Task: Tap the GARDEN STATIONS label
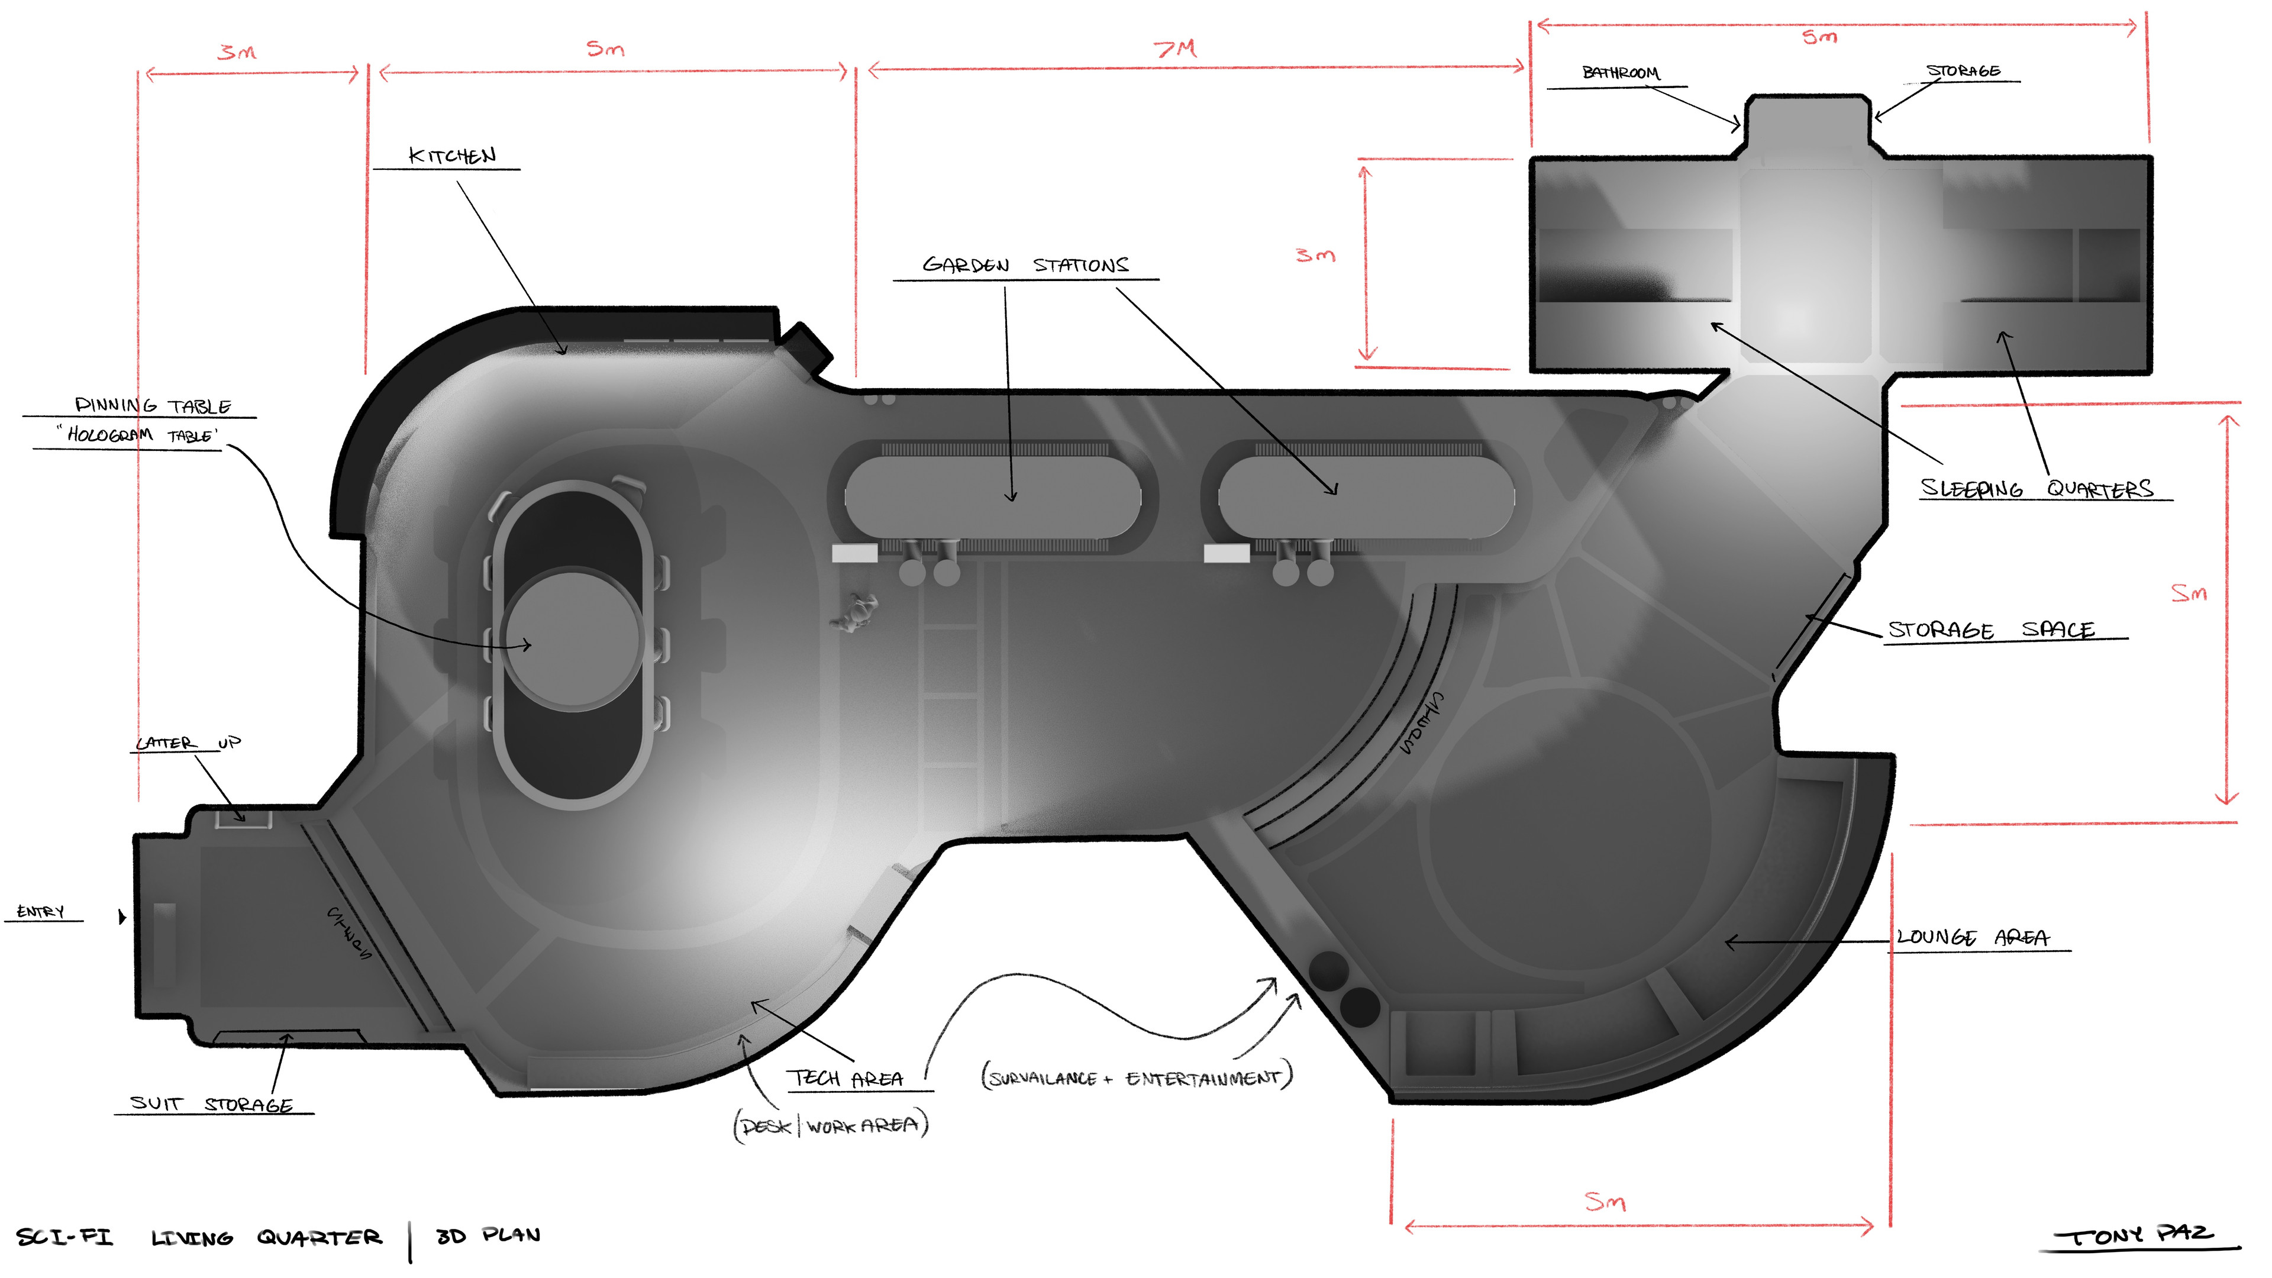[1025, 264]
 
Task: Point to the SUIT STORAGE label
[212, 1103]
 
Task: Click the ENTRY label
[41, 911]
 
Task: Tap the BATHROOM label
[1620, 72]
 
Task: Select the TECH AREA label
[845, 1078]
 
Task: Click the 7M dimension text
[1176, 49]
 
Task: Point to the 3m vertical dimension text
[1315, 255]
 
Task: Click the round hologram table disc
[572, 638]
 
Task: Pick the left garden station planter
[992, 496]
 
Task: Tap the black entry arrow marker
[122, 917]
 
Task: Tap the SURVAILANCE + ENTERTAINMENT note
[1136, 1077]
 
